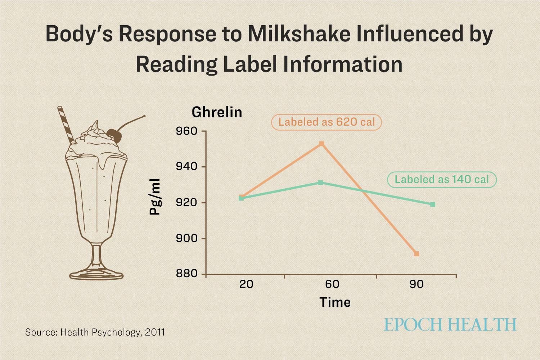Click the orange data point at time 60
(x=321, y=144)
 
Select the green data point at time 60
(x=320, y=183)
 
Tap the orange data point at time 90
(x=417, y=254)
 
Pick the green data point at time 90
(x=432, y=204)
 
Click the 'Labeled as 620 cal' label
(x=327, y=122)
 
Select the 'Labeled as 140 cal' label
(x=442, y=179)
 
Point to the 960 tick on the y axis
(x=186, y=131)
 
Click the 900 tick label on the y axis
(x=186, y=238)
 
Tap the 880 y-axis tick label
(x=186, y=274)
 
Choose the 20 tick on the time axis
(x=246, y=284)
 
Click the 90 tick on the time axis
(x=417, y=284)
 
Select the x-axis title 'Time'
(x=335, y=302)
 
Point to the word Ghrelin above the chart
(x=217, y=112)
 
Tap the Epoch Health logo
(x=450, y=324)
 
